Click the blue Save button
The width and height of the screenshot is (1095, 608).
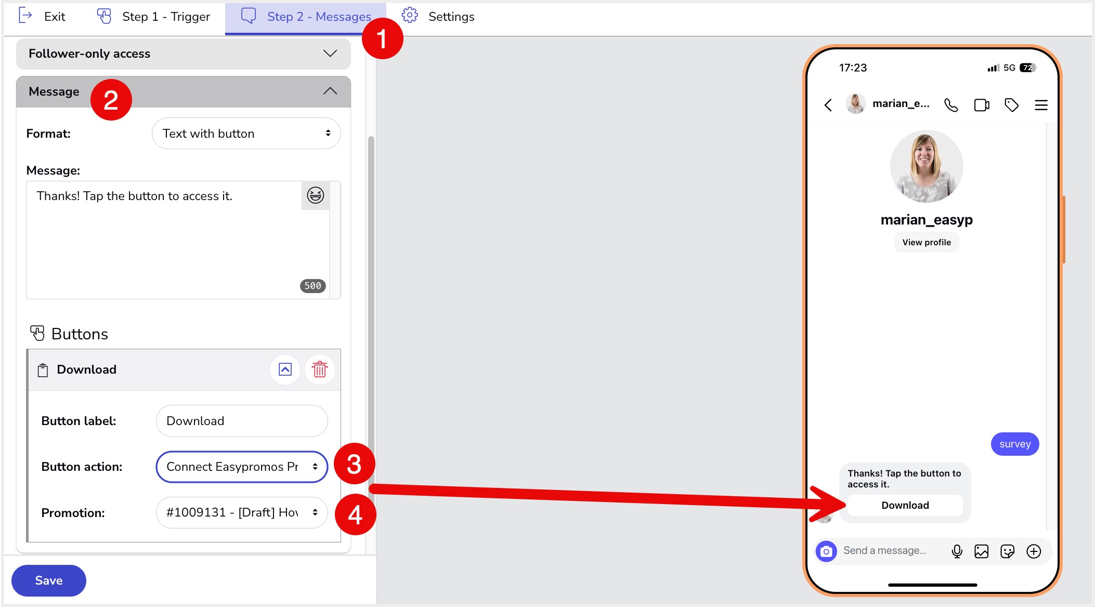[48, 580]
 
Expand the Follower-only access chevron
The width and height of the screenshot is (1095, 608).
[330, 54]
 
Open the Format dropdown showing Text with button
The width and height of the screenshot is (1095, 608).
[246, 134]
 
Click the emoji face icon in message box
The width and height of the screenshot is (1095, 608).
[315, 195]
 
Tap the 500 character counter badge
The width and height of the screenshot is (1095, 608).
[312, 286]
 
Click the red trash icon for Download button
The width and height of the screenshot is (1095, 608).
[319, 369]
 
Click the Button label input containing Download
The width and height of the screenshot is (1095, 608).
[242, 421]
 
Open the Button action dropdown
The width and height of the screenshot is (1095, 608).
[242, 467]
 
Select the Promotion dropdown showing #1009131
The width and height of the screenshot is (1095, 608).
[242, 512]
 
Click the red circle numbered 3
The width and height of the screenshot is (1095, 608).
[354, 464]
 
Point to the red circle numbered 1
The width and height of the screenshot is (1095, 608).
[382, 38]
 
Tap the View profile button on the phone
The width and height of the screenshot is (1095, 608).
[926, 242]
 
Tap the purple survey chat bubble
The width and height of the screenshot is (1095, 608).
[1014, 444]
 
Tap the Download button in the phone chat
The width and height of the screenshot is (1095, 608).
[905, 505]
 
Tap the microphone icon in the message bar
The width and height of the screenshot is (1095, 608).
[957, 551]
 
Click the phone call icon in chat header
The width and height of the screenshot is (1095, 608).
[951, 105]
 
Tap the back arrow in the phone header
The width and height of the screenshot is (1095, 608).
[828, 105]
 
